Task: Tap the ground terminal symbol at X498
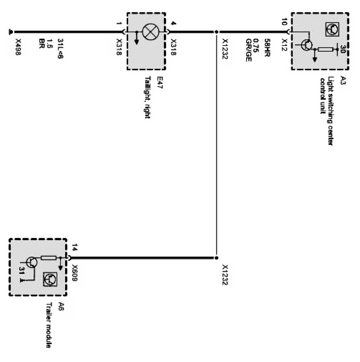tap(10, 31)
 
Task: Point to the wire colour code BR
tap(41, 43)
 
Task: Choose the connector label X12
tap(284, 43)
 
